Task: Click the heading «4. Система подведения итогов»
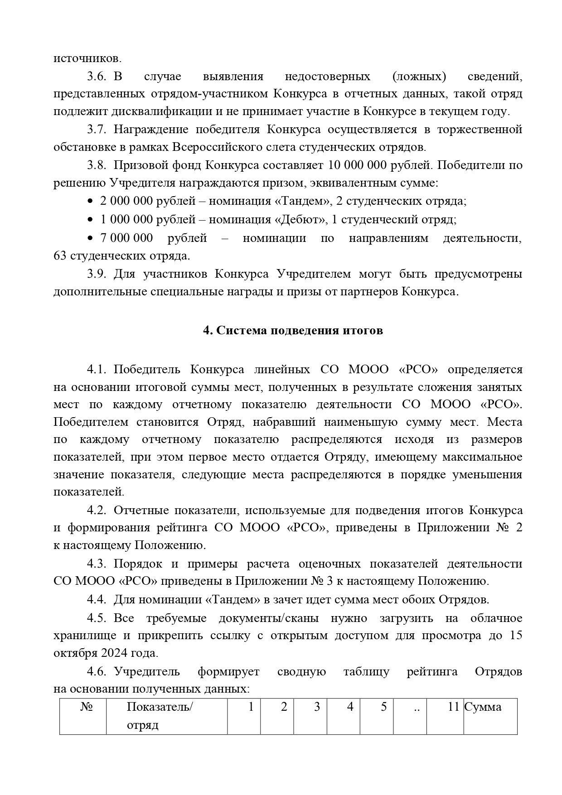click(x=293, y=331)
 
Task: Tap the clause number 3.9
click(x=97, y=274)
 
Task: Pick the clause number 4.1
click(x=97, y=369)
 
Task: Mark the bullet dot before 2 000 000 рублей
click(x=90, y=202)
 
